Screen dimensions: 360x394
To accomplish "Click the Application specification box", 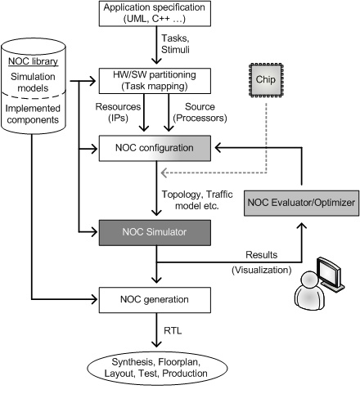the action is tap(155, 13).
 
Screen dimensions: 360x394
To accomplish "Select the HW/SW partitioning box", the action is tap(155, 81).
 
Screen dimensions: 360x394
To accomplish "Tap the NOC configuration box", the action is tap(155, 148).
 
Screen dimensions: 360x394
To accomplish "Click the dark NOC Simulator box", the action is tap(155, 232).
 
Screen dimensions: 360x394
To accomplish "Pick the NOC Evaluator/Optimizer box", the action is tap(301, 203).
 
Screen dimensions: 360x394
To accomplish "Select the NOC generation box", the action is tap(155, 300).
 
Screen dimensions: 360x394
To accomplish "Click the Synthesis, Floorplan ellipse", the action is tap(157, 368).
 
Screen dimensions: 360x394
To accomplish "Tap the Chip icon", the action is tap(266, 80).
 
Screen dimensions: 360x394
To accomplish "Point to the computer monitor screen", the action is tap(330, 271).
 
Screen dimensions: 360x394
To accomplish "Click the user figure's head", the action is tap(309, 280).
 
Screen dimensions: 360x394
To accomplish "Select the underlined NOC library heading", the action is tap(33, 61).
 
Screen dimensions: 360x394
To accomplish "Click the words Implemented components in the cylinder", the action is tap(33, 114).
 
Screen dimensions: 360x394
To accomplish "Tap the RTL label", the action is tap(173, 331).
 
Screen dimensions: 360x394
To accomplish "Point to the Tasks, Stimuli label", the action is tap(175, 44).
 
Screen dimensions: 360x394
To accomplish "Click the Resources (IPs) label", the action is tap(118, 112).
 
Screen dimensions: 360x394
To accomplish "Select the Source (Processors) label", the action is tap(200, 112).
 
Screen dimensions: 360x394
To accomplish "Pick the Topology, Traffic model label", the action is tap(197, 200).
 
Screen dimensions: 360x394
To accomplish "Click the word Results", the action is tap(261, 255).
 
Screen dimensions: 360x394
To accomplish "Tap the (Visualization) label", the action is tap(262, 270).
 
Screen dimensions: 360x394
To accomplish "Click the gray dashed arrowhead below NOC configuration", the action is tap(164, 172).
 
